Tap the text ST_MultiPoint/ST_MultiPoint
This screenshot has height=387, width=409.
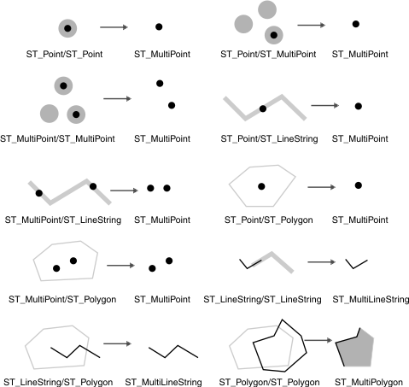(x=60, y=138)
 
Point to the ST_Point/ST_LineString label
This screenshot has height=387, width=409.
(x=262, y=138)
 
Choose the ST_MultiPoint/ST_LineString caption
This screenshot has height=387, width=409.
(x=62, y=220)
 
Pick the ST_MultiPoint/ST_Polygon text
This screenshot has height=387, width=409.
(x=62, y=301)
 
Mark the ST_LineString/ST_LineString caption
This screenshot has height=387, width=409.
(x=262, y=301)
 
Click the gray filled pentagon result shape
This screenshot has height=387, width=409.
(x=357, y=347)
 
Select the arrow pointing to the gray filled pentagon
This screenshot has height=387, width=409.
(x=318, y=341)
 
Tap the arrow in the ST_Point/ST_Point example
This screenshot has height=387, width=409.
(x=114, y=27)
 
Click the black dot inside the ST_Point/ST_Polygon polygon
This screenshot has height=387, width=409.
(x=261, y=185)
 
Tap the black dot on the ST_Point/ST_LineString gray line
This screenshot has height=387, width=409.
(x=263, y=108)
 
